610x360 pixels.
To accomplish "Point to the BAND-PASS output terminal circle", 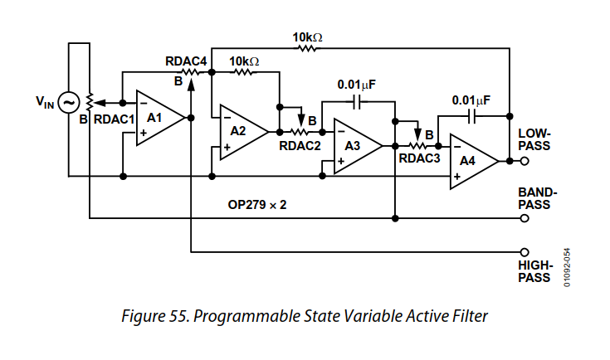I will [524, 219].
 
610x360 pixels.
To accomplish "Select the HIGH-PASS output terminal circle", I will [524, 251].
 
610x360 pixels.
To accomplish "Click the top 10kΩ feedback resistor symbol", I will [307, 47].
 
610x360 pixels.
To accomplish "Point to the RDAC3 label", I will [419, 160].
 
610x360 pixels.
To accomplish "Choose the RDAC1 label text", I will [114, 119].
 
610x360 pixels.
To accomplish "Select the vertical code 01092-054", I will [568, 267].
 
